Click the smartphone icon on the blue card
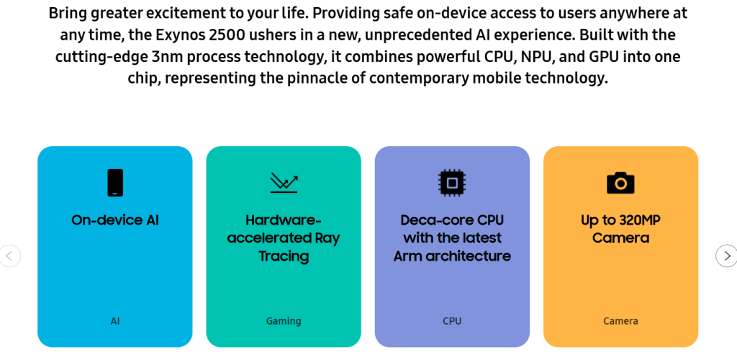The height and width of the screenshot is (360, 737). [115, 182]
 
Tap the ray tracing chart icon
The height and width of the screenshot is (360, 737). [284, 183]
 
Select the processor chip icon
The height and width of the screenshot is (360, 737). [452, 182]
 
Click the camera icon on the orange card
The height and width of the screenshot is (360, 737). [620, 183]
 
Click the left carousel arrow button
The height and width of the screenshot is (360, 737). [9, 256]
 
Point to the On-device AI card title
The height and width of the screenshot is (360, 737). [115, 220]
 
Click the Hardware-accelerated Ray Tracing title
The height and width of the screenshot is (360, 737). [284, 238]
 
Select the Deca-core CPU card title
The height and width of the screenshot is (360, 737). [452, 238]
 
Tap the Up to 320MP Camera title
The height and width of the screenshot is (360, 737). [620, 229]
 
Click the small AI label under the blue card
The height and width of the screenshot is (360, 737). [115, 321]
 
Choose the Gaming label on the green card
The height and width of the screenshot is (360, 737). [284, 321]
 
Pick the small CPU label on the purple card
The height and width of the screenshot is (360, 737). [452, 321]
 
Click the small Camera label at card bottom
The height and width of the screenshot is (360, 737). [620, 321]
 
